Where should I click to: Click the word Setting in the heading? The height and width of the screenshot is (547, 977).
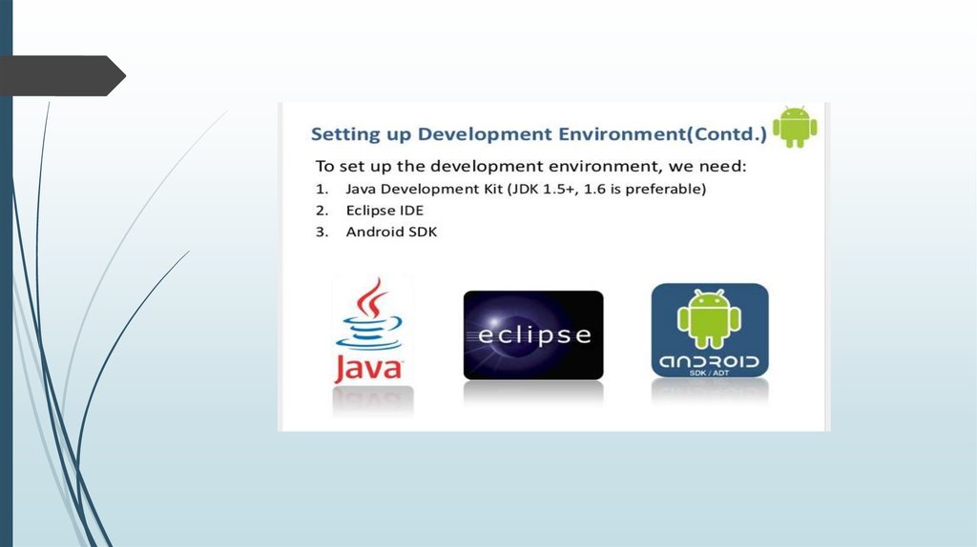click(x=345, y=134)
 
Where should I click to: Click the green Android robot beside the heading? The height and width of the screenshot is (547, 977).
click(x=795, y=127)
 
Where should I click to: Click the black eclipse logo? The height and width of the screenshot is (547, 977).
click(x=533, y=334)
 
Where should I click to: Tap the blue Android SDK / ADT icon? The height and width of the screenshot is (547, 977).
click(x=710, y=330)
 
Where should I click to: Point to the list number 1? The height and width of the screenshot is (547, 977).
click(x=322, y=189)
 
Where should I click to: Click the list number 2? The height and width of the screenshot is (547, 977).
click(x=322, y=211)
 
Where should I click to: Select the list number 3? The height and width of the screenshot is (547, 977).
click(x=322, y=233)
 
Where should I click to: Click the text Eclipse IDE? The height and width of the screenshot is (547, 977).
click(x=385, y=211)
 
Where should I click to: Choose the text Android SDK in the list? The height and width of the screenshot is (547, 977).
click(x=391, y=233)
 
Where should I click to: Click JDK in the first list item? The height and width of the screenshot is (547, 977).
click(x=524, y=189)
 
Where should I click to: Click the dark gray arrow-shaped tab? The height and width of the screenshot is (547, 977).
click(x=62, y=76)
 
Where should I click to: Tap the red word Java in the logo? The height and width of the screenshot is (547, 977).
click(x=368, y=368)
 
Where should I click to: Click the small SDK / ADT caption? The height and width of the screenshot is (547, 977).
click(x=709, y=373)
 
